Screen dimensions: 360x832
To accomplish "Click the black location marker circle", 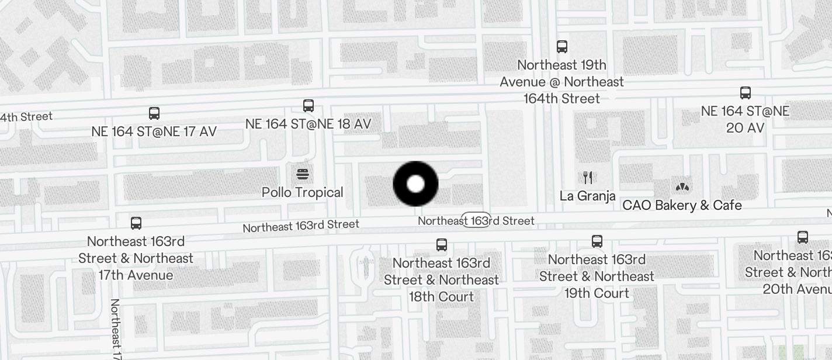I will (x=415, y=184).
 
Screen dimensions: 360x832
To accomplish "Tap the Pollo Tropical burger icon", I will (x=303, y=174).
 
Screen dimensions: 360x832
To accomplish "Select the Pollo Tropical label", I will (x=303, y=192).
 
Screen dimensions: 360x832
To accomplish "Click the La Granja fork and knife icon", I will (x=588, y=178).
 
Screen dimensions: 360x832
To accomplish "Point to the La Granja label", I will (x=587, y=196).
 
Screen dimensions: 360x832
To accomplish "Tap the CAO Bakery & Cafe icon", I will (x=682, y=187).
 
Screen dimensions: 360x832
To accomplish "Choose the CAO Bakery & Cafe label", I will (x=682, y=205).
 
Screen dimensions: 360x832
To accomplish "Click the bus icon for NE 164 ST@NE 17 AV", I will (x=154, y=113).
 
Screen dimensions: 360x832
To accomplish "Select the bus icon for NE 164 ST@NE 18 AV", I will (x=308, y=106).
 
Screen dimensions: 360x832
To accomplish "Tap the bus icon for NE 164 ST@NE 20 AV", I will (x=746, y=92).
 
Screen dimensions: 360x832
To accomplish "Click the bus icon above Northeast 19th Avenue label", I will (x=562, y=46).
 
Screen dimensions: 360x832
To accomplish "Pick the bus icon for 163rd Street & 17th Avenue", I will (x=136, y=223).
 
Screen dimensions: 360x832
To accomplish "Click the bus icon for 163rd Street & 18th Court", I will (x=442, y=244).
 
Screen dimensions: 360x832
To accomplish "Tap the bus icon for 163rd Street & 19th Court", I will (x=597, y=241).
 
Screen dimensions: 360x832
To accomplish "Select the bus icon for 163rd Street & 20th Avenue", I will (x=803, y=237).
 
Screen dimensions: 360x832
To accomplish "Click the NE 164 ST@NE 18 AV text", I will (x=308, y=124).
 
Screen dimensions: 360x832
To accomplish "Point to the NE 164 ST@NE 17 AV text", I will (x=154, y=131).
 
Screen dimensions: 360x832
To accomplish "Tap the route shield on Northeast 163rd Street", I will (x=476, y=220).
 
